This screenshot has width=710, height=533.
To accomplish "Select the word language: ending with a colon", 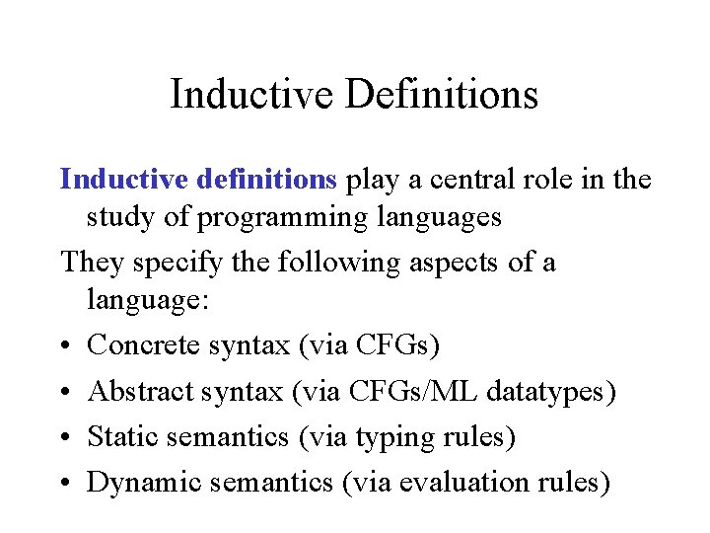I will click(148, 301).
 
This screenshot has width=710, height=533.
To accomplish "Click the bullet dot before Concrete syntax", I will click(65, 346).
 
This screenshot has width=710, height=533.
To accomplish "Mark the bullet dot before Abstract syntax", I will click(65, 392).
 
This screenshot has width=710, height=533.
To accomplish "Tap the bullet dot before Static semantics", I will click(65, 437).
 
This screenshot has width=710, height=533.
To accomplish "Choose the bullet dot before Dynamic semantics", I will click(65, 483).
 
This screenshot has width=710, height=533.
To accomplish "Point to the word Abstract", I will click(140, 392).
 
